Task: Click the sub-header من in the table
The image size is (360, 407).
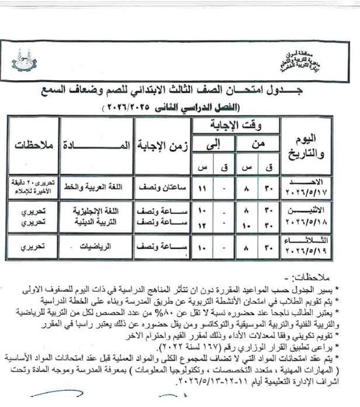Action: click(258, 142)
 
